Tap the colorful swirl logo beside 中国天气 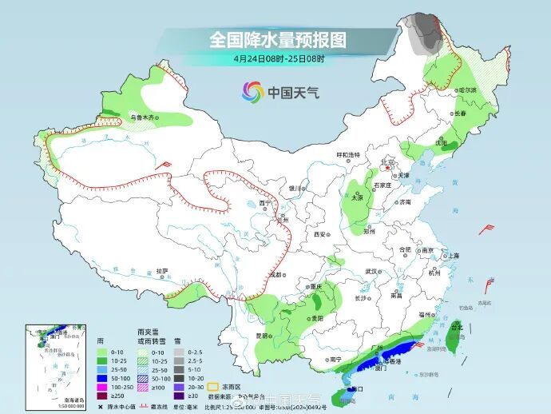253,92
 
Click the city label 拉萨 162,271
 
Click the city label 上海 454,256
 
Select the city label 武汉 371,272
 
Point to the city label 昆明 262,336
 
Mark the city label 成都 276,274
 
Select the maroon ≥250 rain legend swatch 101,395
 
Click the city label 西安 320,235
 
